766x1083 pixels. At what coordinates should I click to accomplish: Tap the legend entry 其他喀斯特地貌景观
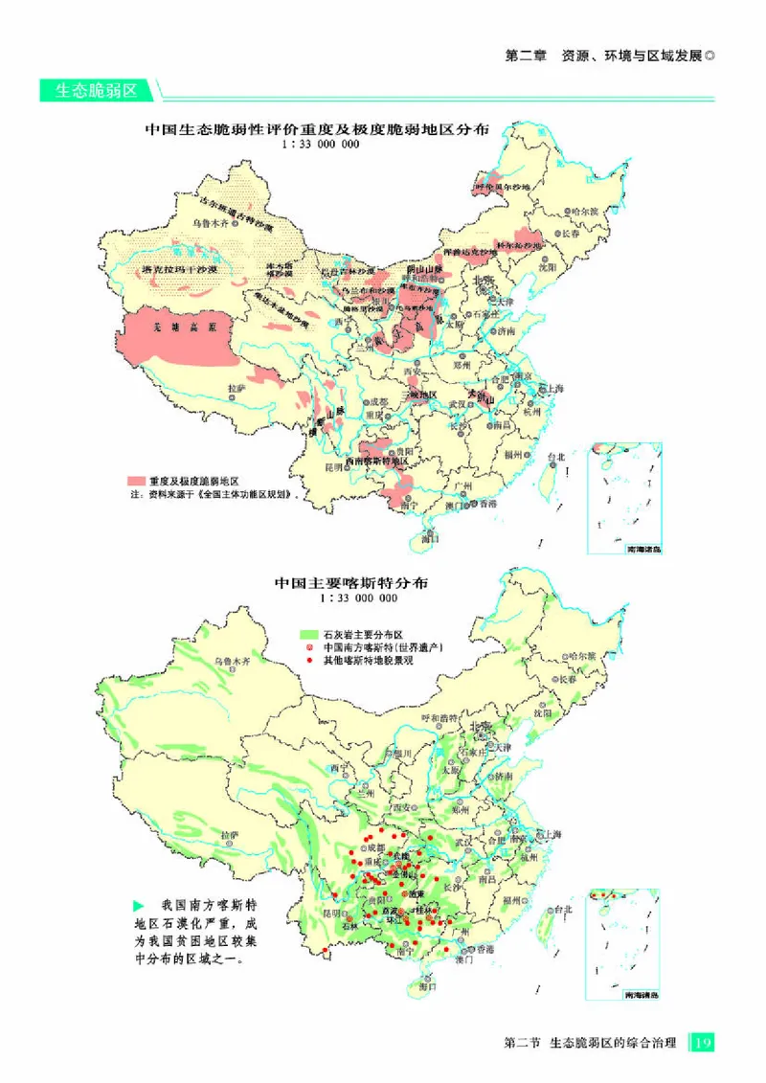click(368, 660)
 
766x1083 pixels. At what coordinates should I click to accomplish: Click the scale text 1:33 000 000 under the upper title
click(320, 145)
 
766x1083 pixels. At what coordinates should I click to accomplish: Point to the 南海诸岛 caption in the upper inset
click(642, 551)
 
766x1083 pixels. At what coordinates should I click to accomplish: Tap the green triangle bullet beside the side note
click(138, 905)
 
